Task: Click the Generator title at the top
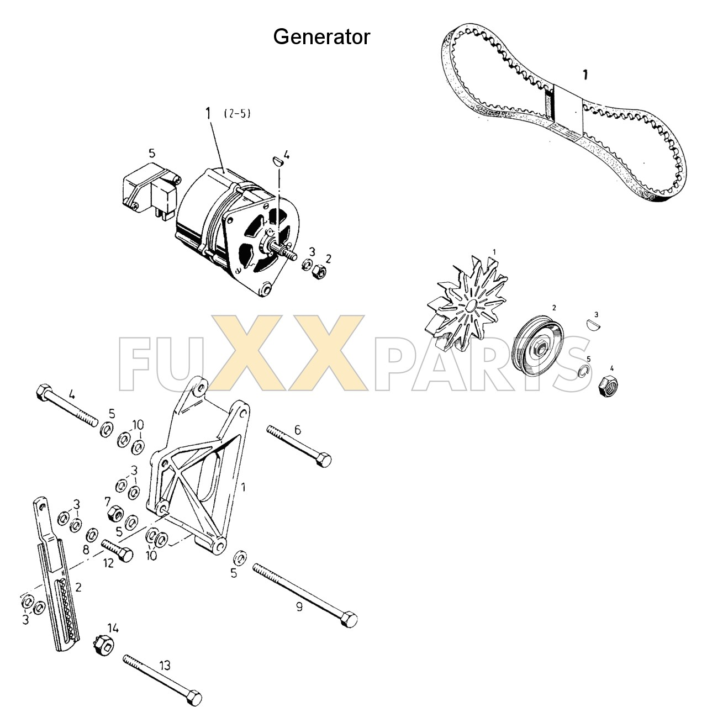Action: click(321, 37)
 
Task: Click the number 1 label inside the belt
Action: click(585, 75)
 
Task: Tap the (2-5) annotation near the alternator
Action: click(238, 114)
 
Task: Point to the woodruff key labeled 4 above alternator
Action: click(278, 160)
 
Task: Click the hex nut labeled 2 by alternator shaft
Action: click(319, 271)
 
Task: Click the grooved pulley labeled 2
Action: click(538, 346)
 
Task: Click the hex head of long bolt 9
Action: click(349, 618)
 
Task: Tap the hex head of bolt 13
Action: click(194, 697)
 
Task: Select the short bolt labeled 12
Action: click(118, 550)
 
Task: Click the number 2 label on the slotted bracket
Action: click(78, 587)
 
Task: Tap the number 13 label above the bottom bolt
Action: click(165, 666)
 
